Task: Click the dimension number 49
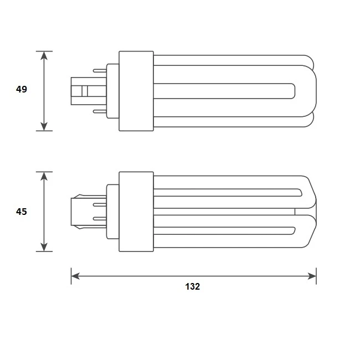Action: tap(22, 89)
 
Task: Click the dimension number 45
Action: tap(22, 212)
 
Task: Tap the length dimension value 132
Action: tap(192, 286)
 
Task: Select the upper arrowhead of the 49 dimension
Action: tap(44, 55)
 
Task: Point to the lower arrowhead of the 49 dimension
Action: tap(44, 126)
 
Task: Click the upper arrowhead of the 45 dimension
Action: tap(44, 176)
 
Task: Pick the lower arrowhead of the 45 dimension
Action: tap(44, 247)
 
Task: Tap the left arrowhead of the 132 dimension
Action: tap(75, 276)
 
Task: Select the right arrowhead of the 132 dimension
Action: tap(312, 276)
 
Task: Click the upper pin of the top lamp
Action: tap(100, 70)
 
